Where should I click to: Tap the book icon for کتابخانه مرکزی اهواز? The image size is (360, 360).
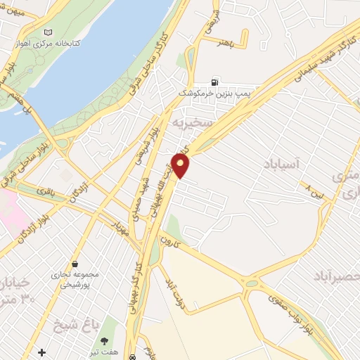48,32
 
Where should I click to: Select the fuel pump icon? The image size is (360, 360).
214,82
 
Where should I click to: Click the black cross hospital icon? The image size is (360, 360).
42,352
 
